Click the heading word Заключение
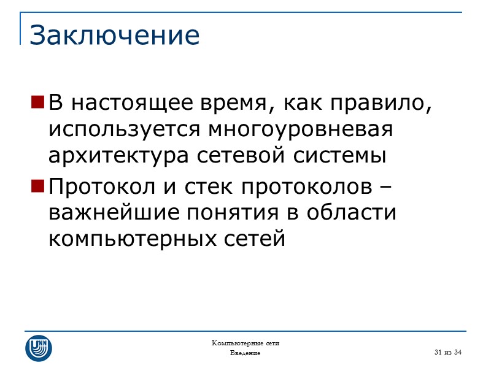pyautogui.click(x=115, y=35)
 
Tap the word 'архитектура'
pyautogui.click(x=120, y=157)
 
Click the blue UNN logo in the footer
pyautogui.click(x=38, y=348)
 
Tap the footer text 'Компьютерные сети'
pyautogui.click(x=245, y=343)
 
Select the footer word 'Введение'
pyautogui.click(x=245, y=353)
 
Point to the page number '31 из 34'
pyautogui.click(x=447, y=351)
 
